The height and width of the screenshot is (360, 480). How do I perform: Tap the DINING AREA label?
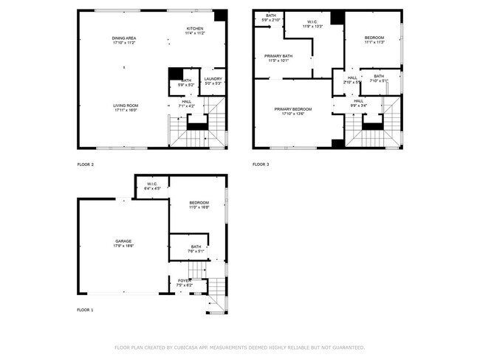(124, 40)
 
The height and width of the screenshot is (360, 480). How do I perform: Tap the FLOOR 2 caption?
(86, 164)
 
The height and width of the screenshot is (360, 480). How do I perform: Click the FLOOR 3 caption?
(261, 164)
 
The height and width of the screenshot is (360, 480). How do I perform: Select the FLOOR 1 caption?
(86, 310)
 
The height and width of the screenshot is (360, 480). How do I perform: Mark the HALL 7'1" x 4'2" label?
(186, 103)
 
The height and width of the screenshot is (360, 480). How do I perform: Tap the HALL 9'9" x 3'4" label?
(359, 103)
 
